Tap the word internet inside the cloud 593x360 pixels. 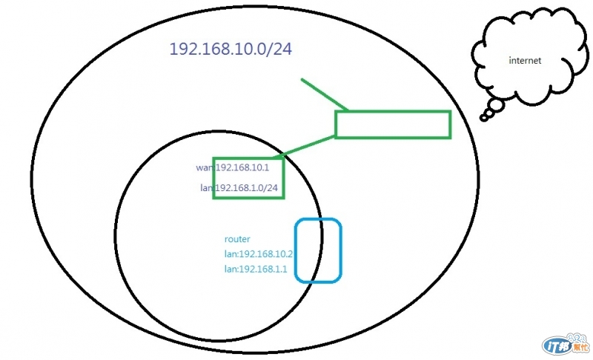click(x=525, y=61)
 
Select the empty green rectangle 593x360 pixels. click(x=393, y=124)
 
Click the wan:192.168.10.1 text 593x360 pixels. click(x=232, y=167)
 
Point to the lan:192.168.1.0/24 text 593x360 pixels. click(x=239, y=188)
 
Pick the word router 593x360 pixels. click(x=237, y=239)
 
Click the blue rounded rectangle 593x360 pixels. click(x=318, y=250)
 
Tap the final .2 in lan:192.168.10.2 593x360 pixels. click(x=290, y=254)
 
